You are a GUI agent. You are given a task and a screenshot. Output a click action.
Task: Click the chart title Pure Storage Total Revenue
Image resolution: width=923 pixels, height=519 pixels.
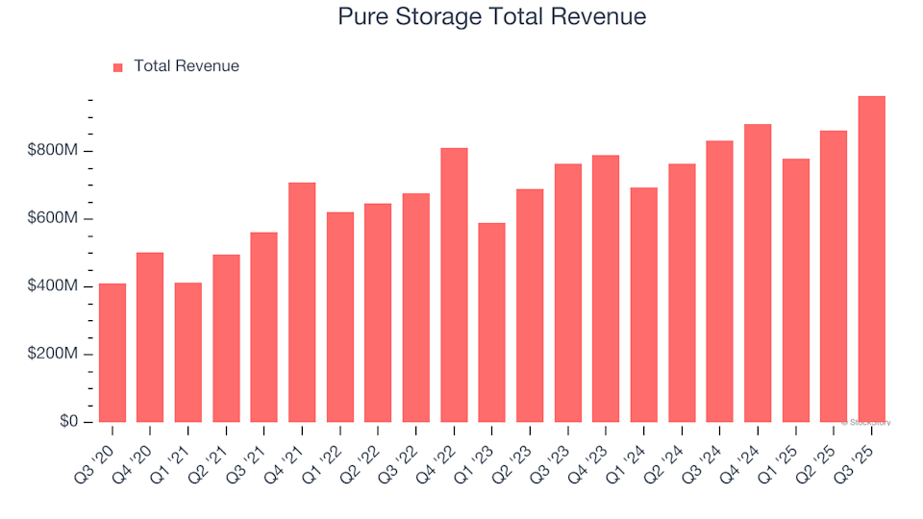tap(491, 17)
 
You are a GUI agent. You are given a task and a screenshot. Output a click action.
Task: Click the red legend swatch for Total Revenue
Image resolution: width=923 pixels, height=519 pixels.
tap(118, 67)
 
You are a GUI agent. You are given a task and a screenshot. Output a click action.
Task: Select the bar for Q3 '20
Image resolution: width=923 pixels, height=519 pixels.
tap(112, 353)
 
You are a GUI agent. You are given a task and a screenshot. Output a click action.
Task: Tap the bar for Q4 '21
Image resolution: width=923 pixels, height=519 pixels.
tap(302, 302)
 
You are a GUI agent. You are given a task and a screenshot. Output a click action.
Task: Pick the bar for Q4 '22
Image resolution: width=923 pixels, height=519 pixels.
tap(454, 284)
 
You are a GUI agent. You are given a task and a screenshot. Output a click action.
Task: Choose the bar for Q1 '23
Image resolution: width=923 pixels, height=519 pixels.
tap(491, 322)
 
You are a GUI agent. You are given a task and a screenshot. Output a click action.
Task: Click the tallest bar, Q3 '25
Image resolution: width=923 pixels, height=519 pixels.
tap(871, 259)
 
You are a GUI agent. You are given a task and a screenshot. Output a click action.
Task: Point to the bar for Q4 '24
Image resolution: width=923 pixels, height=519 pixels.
tap(758, 273)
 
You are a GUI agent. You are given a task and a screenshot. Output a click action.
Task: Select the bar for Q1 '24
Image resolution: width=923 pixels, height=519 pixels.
tap(643, 305)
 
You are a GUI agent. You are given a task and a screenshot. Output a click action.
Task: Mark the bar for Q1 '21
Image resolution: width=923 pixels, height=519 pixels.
tap(188, 352)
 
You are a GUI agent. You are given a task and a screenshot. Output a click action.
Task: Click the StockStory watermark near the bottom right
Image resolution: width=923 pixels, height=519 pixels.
tap(868, 422)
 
